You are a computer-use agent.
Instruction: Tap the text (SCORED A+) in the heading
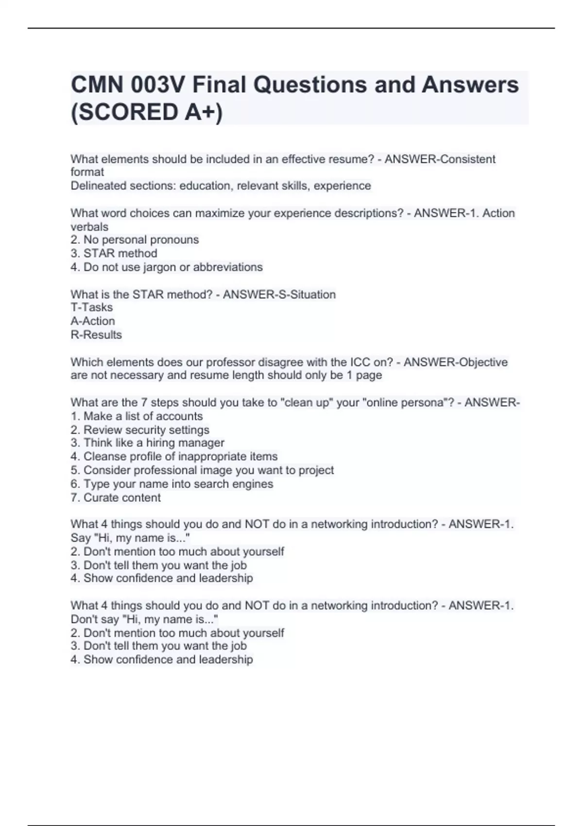tap(147, 112)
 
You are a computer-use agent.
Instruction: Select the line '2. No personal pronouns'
tap(135, 240)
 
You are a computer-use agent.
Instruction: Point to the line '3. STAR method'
tap(114, 253)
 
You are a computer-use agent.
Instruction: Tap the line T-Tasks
tap(91, 308)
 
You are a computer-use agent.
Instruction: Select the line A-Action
tap(93, 321)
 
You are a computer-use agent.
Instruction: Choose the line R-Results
tap(96, 335)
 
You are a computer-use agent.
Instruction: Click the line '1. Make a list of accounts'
tap(137, 416)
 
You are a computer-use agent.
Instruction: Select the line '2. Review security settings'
tap(140, 430)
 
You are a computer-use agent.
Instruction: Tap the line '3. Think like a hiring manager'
tap(147, 443)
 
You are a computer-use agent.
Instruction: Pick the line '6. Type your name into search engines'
tap(172, 484)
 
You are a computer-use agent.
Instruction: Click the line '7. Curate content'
tap(116, 498)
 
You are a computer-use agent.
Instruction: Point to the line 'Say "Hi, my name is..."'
tap(130, 538)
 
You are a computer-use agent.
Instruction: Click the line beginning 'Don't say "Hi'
tap(144, 619)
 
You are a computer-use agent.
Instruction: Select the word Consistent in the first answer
tap(467, 159)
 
